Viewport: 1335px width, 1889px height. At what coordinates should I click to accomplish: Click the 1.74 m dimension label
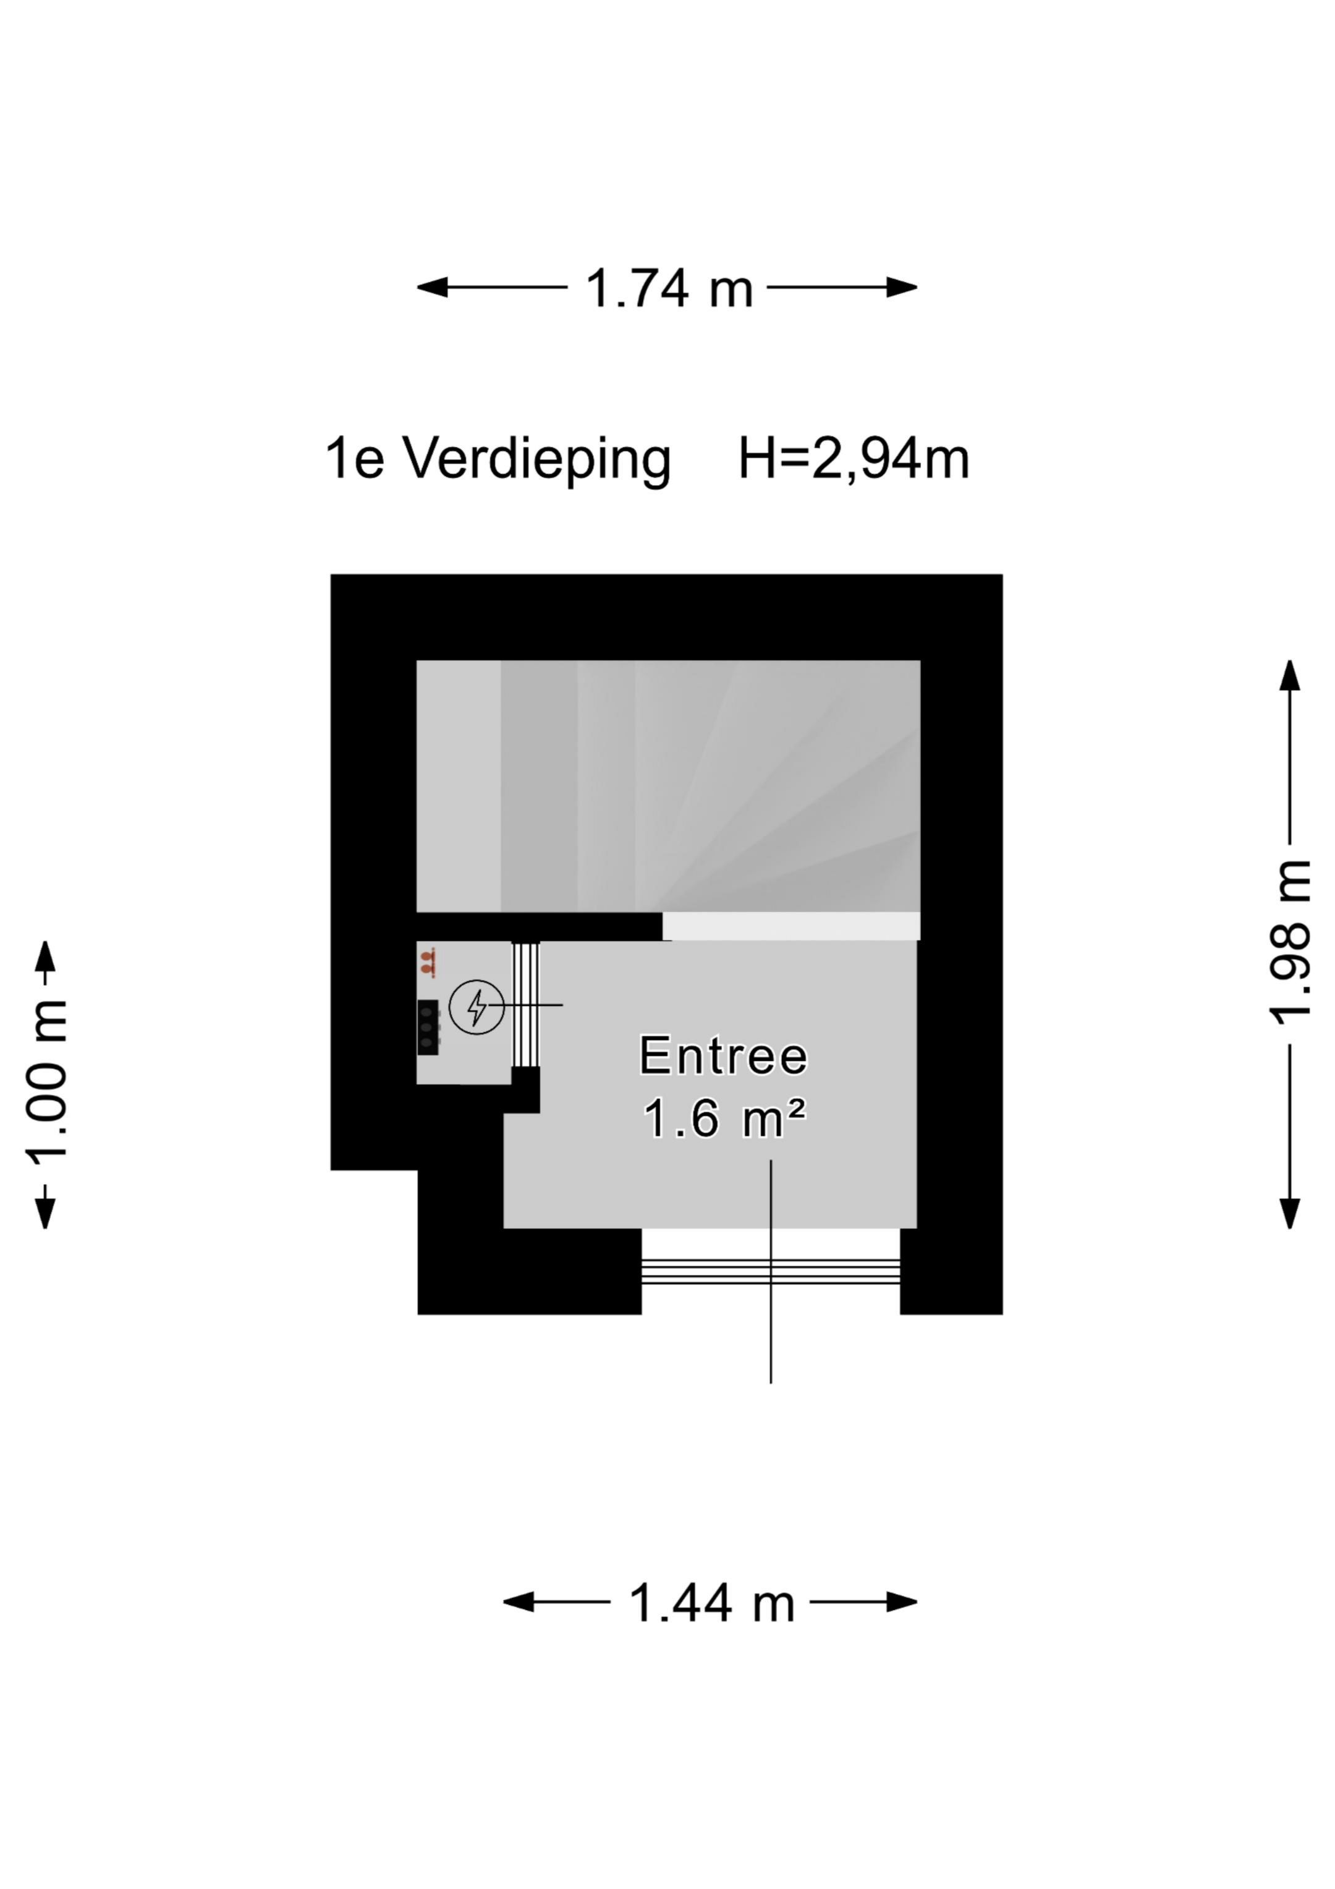pos(668,289)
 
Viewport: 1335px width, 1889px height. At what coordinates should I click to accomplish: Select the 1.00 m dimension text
pos(47,1078)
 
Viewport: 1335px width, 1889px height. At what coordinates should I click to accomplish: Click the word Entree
pos(723,1055)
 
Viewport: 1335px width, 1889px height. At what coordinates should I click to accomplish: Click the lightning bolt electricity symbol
pos(477,1006)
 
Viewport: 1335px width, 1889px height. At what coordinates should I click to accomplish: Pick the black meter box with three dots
pos(427,1027)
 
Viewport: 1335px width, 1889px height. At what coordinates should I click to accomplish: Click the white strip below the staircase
pos(790,926)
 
